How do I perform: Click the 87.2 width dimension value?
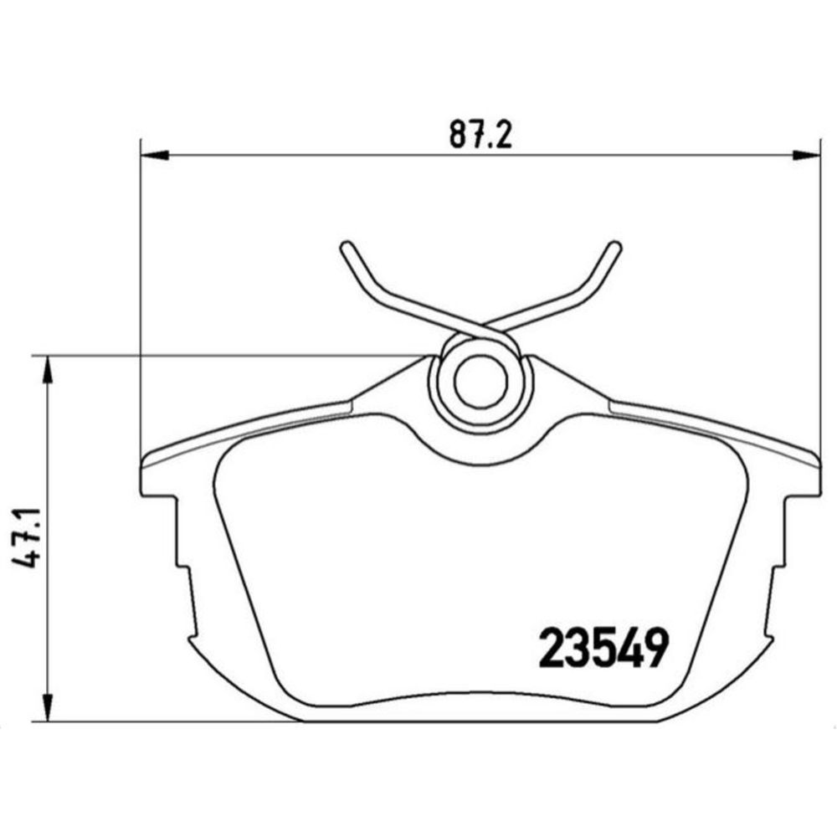click(480, 134)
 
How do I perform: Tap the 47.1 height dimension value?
click(26, 537)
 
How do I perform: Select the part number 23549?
click(603, 649)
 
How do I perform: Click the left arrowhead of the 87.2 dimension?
click(154, 156)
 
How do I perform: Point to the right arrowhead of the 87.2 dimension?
click(805, 156)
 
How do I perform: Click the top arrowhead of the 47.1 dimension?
click(48, 369)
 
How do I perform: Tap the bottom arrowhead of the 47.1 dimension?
click(48, 707)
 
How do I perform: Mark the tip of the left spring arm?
click(346, 246)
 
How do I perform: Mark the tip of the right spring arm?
click(615, 246)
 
